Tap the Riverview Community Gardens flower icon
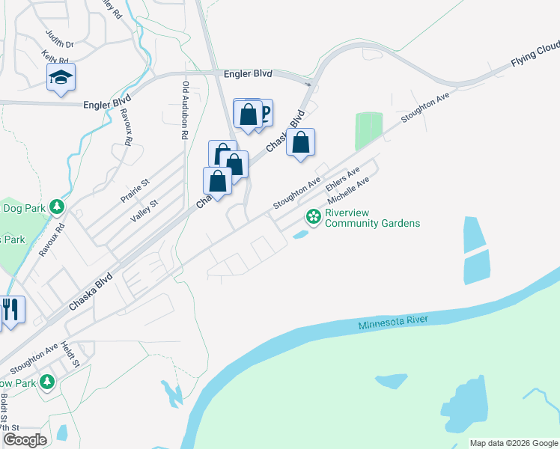pos(314,217)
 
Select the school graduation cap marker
pos(61,77)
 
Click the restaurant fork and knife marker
pos(10,309)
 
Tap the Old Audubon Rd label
pos(185,111)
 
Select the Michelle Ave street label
pos(350,193)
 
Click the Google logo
pos(25,439)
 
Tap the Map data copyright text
pos(514,443)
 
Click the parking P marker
pos(264,113)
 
